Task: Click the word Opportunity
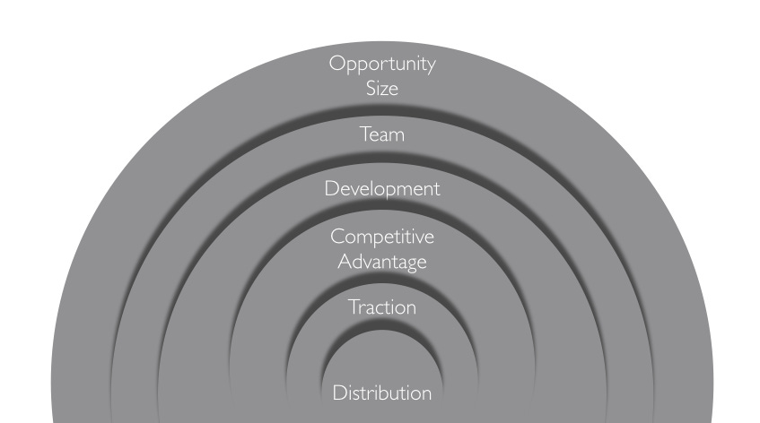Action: pyautogui.click(x=382, y=65)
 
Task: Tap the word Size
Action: pyautogui.click(x=382, y=89)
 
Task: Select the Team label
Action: pyautogui.click(x=382, y=134)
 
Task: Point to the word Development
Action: pyautogui.click(x=382, y=189)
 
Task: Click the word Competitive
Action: pyautogui.click(x=382, y=237)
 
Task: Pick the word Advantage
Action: pyautogui.click(x=382, y=263)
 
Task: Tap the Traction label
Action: pyautogui.click(x=382, y=307)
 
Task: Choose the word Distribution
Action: pyautogui.click(x=382, y=393)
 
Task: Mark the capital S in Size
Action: pyautogui.click(x=371, y=89)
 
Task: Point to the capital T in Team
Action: pyautogui.click(x=365, y=134)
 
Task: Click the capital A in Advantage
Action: pyautogui.click(x=343, y=262)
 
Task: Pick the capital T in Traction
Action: pyautogui.click(x=354, y=307)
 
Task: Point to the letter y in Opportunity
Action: pyautogui.click(x=431, y=67)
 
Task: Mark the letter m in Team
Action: pyautogui.click(x=397, y=136)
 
